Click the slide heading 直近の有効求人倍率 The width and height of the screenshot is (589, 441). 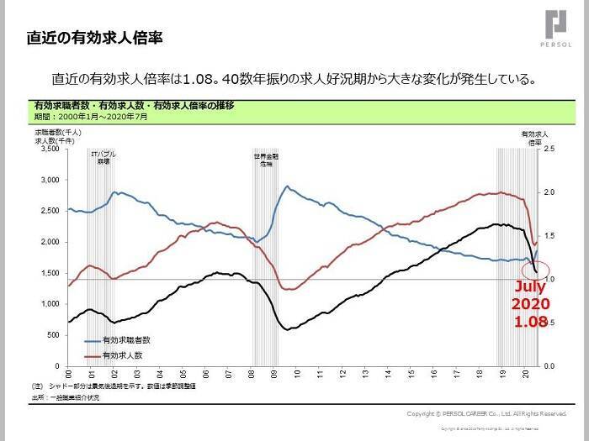click(93, 38)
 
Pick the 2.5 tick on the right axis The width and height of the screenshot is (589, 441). click(550, 149)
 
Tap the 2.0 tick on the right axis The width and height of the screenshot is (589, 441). click(550, 192)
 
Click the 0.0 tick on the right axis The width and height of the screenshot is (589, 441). click(550, 366)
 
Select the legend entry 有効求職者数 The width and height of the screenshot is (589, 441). click(125, 340)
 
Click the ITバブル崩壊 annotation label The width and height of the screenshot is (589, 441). click(103, 157)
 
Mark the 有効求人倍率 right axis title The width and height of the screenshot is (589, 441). click(535, 138)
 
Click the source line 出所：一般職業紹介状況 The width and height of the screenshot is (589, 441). click(66, 397)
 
